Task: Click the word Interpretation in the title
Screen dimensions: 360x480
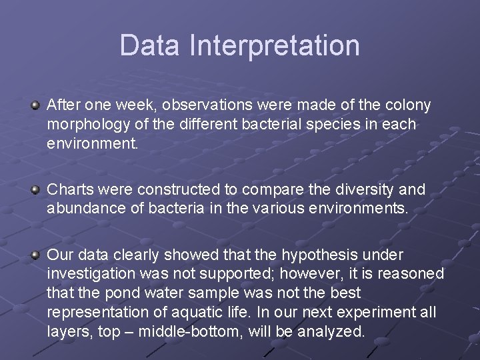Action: pos(275,45)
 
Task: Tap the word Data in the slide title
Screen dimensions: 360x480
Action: pos(151,45)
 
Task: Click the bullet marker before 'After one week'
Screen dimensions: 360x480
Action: pos(35,105)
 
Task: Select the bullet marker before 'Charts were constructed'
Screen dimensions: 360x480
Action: pos(35,190)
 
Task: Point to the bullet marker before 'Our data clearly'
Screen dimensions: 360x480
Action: pos(35,255)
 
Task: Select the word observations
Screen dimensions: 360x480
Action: pos(215,105)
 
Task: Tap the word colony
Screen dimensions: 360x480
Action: pos(409,105)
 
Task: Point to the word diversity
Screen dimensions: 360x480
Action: pos(365,190)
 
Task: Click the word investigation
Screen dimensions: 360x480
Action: pos(90,274)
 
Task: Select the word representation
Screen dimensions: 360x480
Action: pos(97,312)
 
